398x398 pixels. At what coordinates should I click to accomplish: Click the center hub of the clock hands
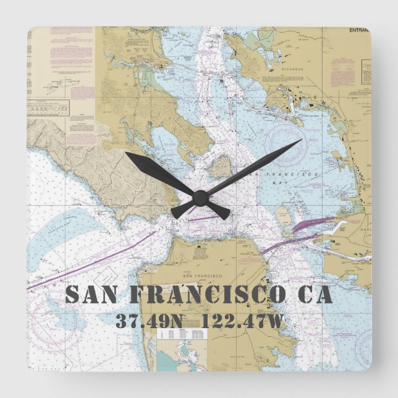coord(199,198)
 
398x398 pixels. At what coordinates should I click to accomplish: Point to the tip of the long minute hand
coord(301,140)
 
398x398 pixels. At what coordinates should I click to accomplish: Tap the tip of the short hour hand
coord(127,153)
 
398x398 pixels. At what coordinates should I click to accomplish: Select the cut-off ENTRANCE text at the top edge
coord(359,30)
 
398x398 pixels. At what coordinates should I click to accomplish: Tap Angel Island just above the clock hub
coord(220,166)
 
